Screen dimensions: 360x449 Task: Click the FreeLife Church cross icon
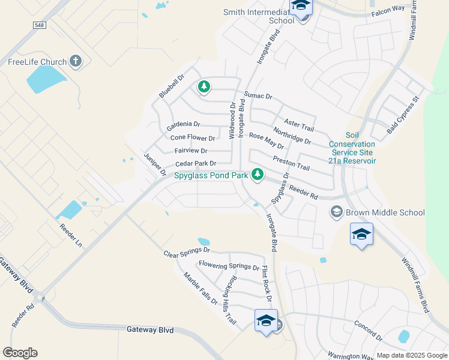tap(76, 61)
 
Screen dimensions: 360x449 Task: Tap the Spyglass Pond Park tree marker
tap(258, 174)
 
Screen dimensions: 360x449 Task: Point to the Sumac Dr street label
tap(258, 96)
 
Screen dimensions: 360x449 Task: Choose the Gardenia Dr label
tap(183, 124)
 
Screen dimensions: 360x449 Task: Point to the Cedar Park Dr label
tap(195, 163)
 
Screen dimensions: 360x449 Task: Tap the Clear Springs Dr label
tap(187, 253)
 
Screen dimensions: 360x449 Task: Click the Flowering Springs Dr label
tap(228, 265)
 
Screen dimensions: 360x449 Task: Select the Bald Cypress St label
tap(402, 114)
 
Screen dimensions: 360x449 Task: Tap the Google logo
tap(20, 353)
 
